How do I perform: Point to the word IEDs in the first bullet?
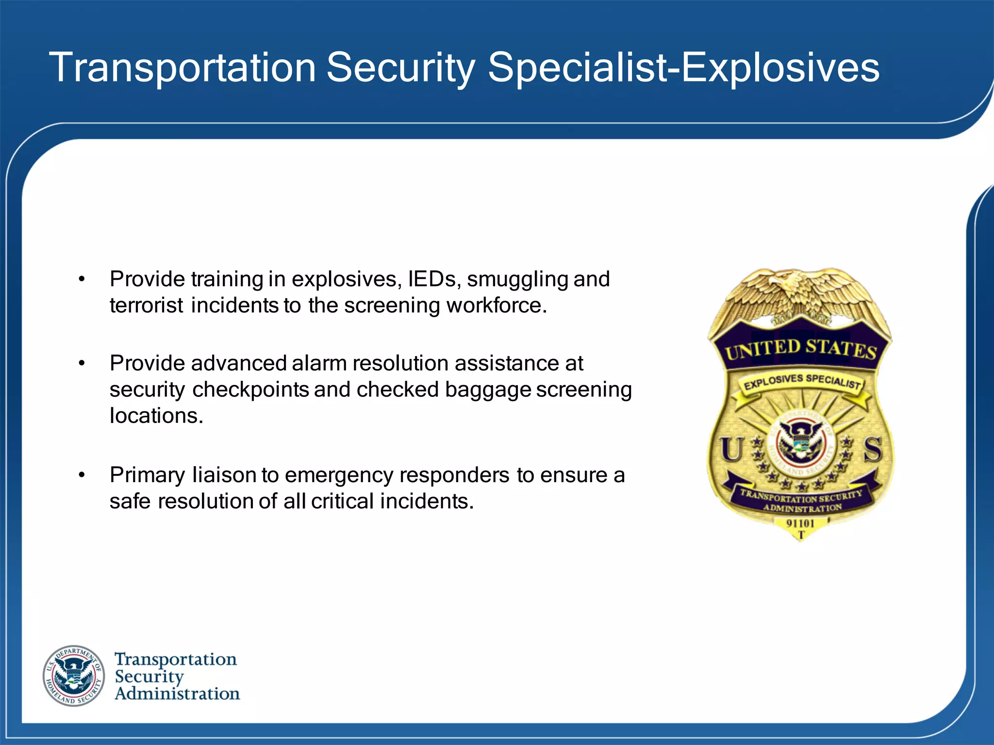(432, 279)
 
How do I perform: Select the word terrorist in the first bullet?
(146, 305)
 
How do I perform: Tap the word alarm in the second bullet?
(319, 363)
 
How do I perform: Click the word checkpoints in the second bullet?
(250, 389)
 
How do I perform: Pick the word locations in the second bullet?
(156, 415)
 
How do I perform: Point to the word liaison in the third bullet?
(224, 475)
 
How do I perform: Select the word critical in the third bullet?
(343, 501)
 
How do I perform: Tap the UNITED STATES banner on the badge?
(800, 349)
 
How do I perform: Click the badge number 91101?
(800, 523)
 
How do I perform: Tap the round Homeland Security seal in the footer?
(74, 676)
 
